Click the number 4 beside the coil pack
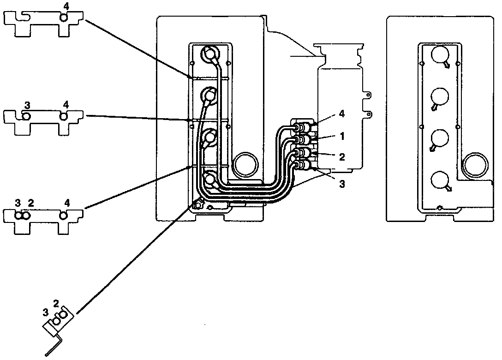342,113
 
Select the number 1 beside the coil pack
342,137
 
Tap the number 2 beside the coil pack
342,157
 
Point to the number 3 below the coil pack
342,184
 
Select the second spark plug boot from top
209,96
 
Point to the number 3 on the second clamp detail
27,105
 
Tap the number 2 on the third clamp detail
30,203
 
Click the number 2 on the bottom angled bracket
56,303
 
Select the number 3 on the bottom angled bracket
45,312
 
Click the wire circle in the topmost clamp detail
64,18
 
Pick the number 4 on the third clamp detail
67,203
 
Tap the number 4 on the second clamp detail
66,105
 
